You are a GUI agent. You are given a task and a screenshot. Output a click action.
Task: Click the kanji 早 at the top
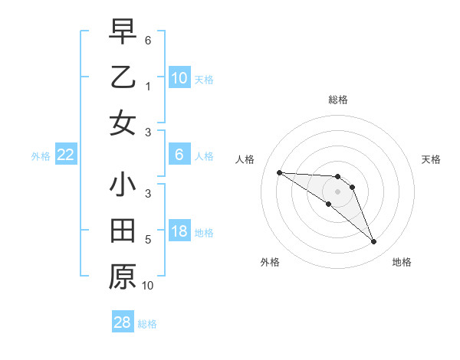tap(123, 32)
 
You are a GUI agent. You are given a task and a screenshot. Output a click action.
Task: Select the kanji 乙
tap(123, 77)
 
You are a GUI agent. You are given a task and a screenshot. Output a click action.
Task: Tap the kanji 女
tap(123, 123)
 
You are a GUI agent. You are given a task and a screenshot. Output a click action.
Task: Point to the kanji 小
tap(123, 185)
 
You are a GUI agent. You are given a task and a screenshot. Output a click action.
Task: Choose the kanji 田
tap(123, 231)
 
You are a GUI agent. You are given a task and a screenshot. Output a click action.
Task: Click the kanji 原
tap(123, 277)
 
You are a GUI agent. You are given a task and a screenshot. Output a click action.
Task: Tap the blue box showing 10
tap(179, 77)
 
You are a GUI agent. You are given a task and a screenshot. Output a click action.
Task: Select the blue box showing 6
tap(179, 155)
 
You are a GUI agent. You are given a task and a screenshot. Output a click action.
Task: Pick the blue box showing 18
tap(179, 231)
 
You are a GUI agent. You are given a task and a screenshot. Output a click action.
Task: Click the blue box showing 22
tap(66, 155)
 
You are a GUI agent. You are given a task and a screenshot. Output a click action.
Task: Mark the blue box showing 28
tap(123, 322)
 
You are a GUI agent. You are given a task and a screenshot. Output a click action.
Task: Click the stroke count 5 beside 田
tap(148, 240)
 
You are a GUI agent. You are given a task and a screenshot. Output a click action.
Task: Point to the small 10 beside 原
tap(148, 286)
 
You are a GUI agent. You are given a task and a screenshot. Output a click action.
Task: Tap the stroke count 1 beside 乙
tap(148, 87)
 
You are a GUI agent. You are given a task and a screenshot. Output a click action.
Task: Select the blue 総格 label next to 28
tap(147, 324)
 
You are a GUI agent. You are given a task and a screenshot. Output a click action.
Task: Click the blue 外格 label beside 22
tap(41, 156)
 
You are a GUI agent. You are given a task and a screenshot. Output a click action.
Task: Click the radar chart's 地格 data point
tap(374, 242)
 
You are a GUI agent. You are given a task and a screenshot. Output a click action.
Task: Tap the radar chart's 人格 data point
tap(279, 172)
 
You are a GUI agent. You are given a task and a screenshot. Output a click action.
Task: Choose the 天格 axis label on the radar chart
tap(431, 159)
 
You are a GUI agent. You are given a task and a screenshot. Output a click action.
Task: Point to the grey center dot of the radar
tap(337, 191)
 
